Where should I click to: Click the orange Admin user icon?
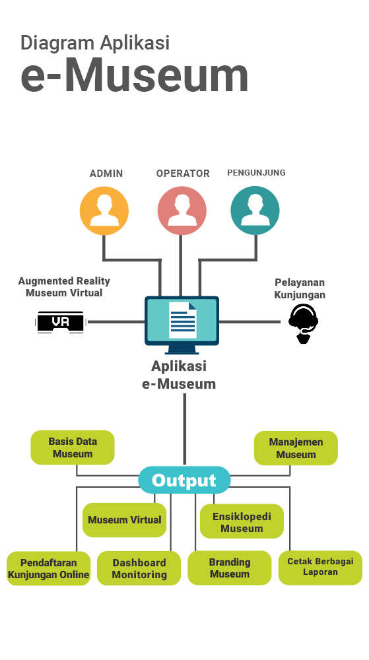(x=104, y=211)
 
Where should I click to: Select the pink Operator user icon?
(x=182, y=211)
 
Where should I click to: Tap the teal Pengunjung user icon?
(x=255, y=210)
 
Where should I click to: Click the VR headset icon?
(x=61, y=323)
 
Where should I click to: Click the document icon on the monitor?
(x=183, y=320)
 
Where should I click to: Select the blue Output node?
(x=184, y=480)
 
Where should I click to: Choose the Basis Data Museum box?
(x=73, y=447)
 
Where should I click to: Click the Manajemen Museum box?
(x=296, y=448)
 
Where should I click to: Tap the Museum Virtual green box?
(x=125, y=520)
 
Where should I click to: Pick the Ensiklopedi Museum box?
(x=242, y=521)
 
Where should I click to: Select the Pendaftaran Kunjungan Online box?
(x=49, y=568)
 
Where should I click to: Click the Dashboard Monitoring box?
(x=139, y=568)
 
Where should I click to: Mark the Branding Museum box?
(x=229, y=568)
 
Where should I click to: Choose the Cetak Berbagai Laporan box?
(x=320, y=568)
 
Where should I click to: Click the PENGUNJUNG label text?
(x=256, y=172)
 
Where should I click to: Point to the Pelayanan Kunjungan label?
(x=300, y=288)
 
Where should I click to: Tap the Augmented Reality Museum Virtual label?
(x=64, y=286)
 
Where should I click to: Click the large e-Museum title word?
(x=134, y=76)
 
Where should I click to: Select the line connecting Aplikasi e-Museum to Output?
(x=185, y=430)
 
